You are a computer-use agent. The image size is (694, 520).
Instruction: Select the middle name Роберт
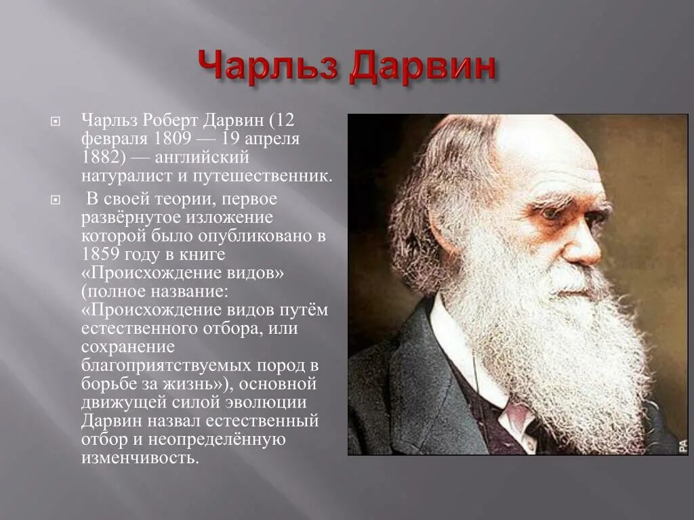[x=170, y=120]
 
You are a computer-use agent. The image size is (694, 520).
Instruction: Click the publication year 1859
[x=104, y=255]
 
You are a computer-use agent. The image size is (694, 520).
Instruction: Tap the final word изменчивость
[x=140, y=458]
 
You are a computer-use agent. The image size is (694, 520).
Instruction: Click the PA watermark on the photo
[x=682, y=446]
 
